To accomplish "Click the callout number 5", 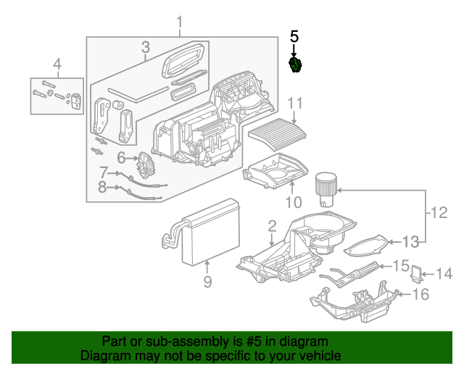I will pos(294,36).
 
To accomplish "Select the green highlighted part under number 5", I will pos(295,66).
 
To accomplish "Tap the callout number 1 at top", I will pos(179,26).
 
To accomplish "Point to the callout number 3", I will pos(145,48).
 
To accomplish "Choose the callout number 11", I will pos(294,102).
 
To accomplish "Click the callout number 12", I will pos(439,213).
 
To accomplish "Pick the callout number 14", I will pos(444,274).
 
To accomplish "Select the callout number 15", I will pos(401,266).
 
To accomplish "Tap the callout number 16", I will pos(420,294).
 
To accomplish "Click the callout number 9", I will pos(207,282).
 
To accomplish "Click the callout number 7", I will pos(104,172).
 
